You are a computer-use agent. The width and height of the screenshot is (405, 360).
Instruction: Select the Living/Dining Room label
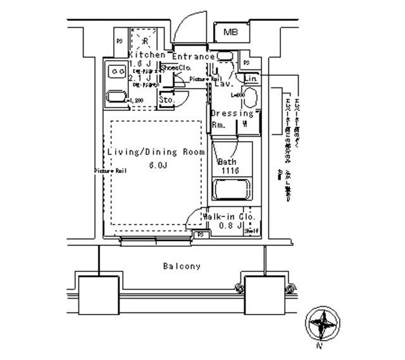coord(156,152)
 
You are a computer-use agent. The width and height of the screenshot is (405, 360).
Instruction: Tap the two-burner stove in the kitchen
coord(116,72)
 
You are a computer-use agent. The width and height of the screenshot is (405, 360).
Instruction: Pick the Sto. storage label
coord(166,100)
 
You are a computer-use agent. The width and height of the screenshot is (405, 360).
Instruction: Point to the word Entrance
coord(194,56)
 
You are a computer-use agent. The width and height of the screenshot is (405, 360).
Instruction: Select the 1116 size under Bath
coord(230,171)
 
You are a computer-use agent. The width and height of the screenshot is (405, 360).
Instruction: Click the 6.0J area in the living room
coord(158,166)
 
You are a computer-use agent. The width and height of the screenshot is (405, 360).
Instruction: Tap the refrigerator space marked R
coord(145,41)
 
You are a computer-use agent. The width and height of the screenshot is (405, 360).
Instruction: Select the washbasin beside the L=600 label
coord(249,99)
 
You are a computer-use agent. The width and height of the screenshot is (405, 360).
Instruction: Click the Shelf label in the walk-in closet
coord(252,232)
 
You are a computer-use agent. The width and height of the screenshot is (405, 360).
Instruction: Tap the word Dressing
coord(232,114)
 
